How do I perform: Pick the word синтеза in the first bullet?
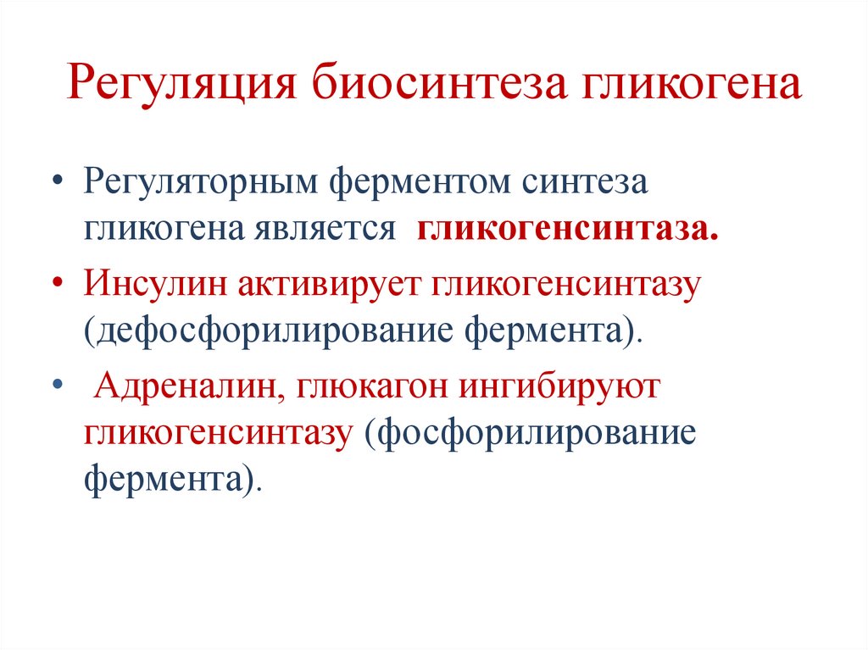pyautogui.click(x=585, y=185)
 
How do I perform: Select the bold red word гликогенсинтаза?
pyautogui.click(x=567, y=230)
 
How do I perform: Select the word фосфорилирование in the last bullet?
pyautogui.click(x=529, y=433)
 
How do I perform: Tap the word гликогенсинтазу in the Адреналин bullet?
pyautogui.click(x=217, y=433)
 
